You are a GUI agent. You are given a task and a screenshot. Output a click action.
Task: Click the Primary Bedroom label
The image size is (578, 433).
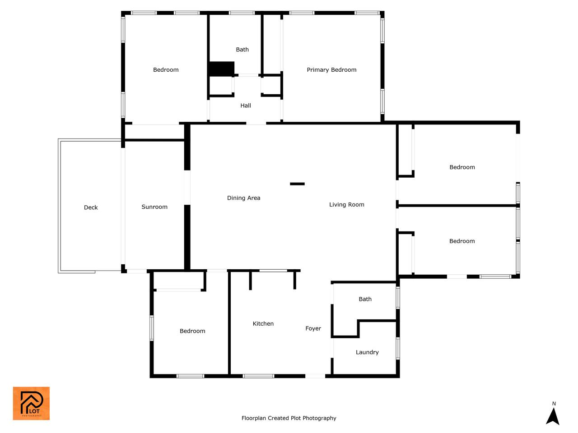331,70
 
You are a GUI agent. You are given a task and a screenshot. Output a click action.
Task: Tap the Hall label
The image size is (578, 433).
245,106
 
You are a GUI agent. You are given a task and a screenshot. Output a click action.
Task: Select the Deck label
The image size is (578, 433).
91,207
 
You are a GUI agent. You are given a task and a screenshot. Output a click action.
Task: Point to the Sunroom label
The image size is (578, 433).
154,207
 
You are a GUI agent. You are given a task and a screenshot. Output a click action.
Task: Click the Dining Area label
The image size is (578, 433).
243,198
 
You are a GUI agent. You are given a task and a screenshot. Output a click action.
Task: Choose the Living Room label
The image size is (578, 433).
346,204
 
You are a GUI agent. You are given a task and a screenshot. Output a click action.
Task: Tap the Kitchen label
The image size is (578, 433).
263,324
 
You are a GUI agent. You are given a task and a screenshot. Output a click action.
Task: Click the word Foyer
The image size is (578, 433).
313,329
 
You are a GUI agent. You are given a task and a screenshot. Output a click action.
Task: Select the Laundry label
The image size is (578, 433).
367,352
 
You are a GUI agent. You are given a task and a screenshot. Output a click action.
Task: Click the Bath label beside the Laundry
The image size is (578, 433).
365,299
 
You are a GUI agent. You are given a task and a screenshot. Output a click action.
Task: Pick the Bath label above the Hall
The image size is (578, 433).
242,50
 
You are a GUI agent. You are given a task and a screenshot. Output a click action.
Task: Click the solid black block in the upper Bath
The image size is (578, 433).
221,69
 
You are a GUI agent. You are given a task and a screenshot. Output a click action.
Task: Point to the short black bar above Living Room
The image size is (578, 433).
297,184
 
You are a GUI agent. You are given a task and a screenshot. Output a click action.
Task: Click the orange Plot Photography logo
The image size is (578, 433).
31,403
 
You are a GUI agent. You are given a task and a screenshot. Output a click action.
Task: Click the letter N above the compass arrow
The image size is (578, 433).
554,404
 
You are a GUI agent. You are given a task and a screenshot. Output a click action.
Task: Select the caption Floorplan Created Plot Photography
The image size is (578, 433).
289,418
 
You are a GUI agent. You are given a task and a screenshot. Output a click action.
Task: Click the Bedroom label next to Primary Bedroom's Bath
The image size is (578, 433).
166,69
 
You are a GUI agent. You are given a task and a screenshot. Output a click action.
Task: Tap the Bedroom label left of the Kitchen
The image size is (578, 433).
192,331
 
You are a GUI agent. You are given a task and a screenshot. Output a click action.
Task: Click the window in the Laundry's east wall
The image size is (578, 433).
398,348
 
